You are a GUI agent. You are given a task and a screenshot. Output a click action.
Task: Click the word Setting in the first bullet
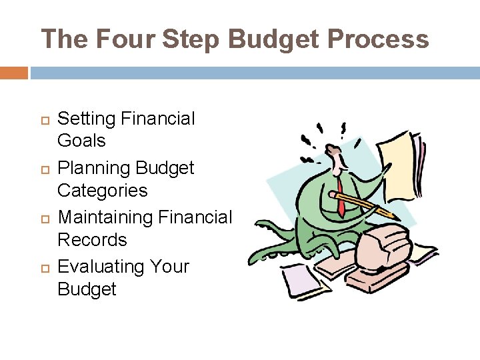[x=87, y=119]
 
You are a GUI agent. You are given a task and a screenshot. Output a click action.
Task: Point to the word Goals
[x=81, y=141]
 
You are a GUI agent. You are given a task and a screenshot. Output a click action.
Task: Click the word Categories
[x=103, y=191]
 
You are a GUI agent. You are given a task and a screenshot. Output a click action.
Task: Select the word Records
[x=92, y=239]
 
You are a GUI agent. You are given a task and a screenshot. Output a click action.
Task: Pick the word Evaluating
[x=101, y=267]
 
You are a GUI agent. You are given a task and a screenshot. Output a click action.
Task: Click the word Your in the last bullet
[x=169, y=267]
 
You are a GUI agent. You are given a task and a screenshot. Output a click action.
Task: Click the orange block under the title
[x=14, y=73]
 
